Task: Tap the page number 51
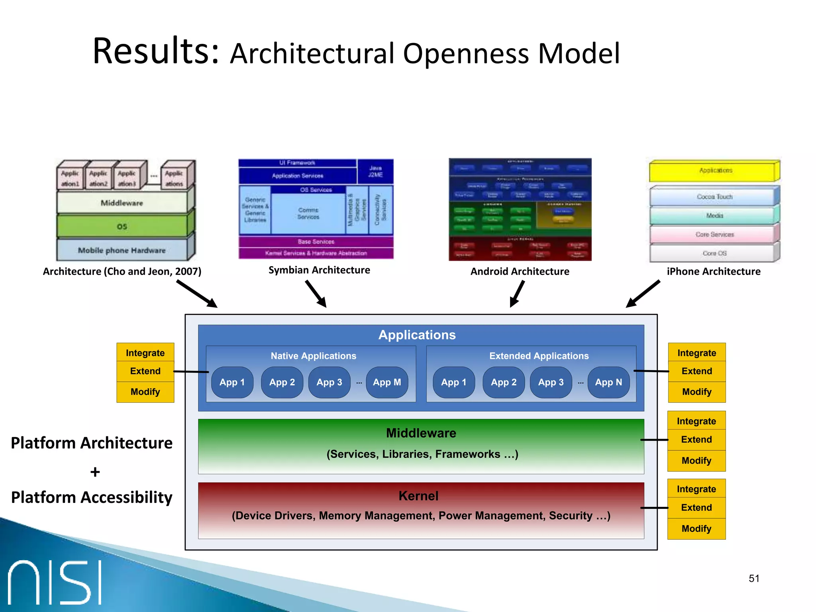pos(754,579)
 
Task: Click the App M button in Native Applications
pos(386,382)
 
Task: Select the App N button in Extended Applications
pos(608,382)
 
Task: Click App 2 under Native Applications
pos(282,382)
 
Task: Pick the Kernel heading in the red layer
pos(418,496)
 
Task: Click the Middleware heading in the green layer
pos(421,433)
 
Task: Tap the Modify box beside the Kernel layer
pos(696,529)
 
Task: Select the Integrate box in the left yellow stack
pos(145,353)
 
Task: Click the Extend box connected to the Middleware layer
pos(696,439)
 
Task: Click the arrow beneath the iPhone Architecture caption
pos(642,294)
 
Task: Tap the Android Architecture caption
pos(520,271)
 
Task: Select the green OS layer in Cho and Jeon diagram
pos(122,226)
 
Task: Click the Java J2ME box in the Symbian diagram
pos(375,171)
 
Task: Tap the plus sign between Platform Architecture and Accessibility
pos(95,472)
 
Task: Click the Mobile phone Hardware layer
pos(122,250)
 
